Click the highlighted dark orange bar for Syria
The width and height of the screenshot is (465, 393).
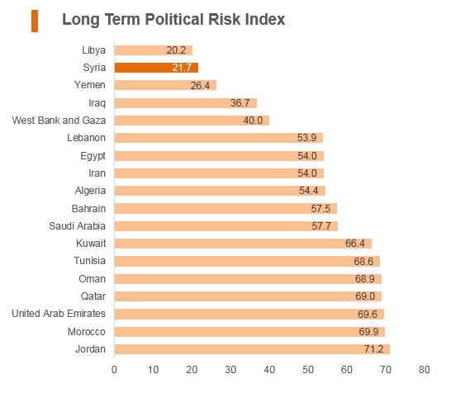[x=156, y=68]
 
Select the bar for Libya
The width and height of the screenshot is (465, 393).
[x=154, y=50]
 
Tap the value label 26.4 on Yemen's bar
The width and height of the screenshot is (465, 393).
[x=200, y=86]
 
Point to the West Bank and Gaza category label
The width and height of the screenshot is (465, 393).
[x=59, y=121]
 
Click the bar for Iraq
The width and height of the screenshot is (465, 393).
[x=186, y=103]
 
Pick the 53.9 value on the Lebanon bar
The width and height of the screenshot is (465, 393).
[x=307, y=138]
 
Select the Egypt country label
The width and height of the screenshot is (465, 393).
[x=93, y=156]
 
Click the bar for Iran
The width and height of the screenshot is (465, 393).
[x=219, y=173]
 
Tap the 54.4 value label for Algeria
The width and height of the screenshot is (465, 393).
[x=309, y=191]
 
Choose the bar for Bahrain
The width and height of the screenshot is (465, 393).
[x=225, y=208]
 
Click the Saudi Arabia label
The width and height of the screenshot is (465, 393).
[x=77, y=226]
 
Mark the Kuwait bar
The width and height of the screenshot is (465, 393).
[x=243, y=244]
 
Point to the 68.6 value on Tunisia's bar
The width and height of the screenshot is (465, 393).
[x=363, y=262]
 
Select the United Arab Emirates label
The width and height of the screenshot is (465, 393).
[x=59, y=314]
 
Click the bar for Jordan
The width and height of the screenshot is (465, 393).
[x=252, y=349]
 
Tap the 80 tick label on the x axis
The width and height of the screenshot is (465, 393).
[x=424, y=370]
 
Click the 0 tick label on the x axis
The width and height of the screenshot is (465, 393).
[x=114, y=370]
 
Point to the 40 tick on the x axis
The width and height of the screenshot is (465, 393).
[x=269, y=370]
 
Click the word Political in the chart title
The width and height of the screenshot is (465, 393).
[x=174, y=20]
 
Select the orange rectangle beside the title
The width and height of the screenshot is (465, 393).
[x=35, y=21]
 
